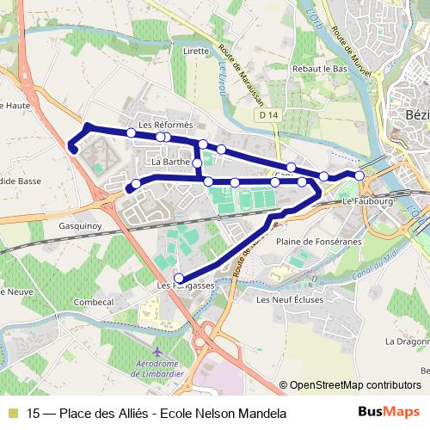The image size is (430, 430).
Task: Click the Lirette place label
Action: coord(196,51)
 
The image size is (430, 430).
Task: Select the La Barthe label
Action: coord(169,161)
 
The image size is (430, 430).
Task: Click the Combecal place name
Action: coord(94,303)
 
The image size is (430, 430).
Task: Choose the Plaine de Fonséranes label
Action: coord(313,242)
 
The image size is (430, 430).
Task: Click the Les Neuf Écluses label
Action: coord(286,299)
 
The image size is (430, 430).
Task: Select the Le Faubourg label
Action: coord(367,200)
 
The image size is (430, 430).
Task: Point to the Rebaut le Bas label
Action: coord(317,69)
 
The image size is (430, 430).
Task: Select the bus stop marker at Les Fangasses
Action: coord(179,277)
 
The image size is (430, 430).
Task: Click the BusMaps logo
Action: coord(396,413)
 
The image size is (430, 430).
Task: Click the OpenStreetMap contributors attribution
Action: coord(353,385)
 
